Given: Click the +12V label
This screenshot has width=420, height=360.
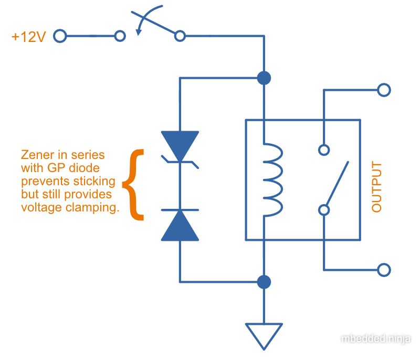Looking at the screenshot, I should click(x=29, y=37).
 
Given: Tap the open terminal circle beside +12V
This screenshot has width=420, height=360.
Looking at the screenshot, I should click(x=60, y=36).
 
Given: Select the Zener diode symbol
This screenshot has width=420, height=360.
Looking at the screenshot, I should click(x=180, y=147).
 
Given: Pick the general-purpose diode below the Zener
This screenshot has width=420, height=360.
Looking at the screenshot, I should click(x=180, y=225).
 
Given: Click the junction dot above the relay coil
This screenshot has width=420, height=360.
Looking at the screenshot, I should click(x=264, y=79).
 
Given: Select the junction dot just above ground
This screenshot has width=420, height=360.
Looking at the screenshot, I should click(x=264, y=282).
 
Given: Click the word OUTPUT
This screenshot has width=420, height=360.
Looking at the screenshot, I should click(x=376, y=187).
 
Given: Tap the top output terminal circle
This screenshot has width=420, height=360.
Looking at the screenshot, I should click(x=384, y=90).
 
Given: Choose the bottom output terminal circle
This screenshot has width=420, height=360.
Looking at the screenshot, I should click(x=384, y=270).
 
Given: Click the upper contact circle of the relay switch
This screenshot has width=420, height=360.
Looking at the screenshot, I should click(x=324, y=151).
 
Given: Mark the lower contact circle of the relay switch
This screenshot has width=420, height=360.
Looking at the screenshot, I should click(x=324, y=210).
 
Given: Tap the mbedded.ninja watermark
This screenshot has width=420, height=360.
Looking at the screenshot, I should click(x=376, y=339).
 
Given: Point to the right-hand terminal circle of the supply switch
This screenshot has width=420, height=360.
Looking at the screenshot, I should click(x=180, y=36).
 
